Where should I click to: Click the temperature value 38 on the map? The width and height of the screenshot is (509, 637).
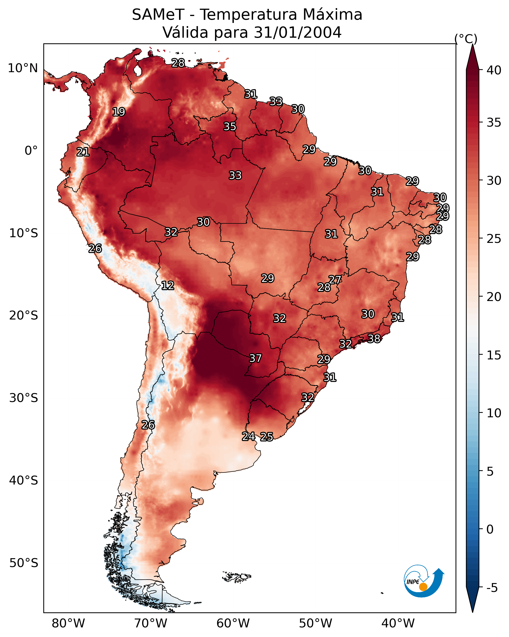[374, 338]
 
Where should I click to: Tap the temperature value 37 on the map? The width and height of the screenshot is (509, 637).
[256, 358]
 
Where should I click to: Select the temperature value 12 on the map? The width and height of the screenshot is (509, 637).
[168, 285]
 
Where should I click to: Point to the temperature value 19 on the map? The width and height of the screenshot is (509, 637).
[119, 112]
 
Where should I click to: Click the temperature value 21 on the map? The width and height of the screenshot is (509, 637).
[83, 152]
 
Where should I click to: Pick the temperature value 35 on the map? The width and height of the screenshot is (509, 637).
[230, 126]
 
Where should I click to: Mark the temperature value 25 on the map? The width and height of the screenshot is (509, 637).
[267, 437]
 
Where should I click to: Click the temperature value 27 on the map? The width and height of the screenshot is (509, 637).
[335, 280]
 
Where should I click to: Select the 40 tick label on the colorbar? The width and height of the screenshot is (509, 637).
[494, 70]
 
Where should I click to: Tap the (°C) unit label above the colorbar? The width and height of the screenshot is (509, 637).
[466, 39]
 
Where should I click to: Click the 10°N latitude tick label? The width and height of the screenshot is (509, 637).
[23, 68]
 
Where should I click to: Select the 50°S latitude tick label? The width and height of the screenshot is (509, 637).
[24, 563]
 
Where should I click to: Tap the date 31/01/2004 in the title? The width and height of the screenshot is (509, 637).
[297, 32]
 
